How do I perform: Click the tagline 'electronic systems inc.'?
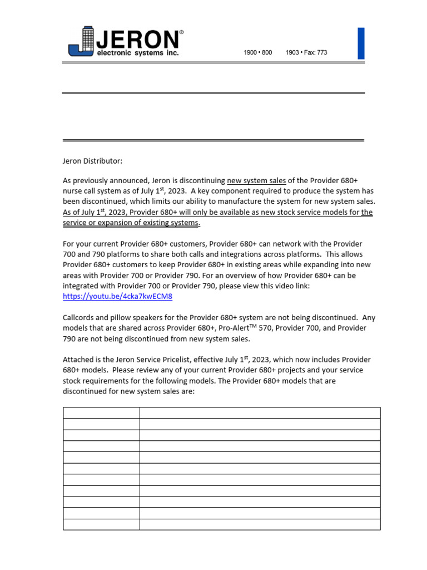138,53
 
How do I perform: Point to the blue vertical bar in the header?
361,43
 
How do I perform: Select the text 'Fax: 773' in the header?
315,53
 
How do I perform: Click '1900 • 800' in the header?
258,53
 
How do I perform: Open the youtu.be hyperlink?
117,296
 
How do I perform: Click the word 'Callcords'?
80,318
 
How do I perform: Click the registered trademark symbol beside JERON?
181,33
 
